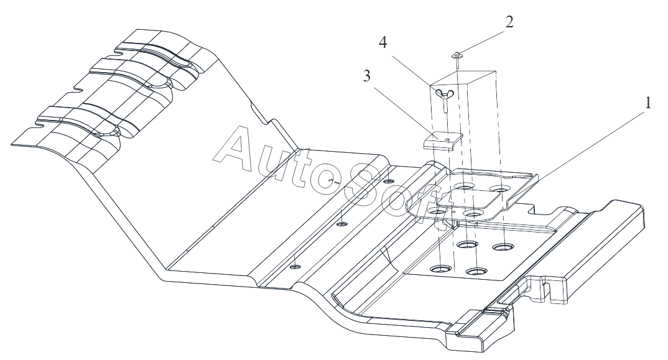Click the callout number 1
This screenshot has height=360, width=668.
coord(647,103)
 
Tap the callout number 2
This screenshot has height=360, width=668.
coord(509,23)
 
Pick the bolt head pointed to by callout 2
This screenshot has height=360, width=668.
coord(456,54)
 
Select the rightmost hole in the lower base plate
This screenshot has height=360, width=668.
coord(503,247)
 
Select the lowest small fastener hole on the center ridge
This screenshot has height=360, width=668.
coord(296,265)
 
